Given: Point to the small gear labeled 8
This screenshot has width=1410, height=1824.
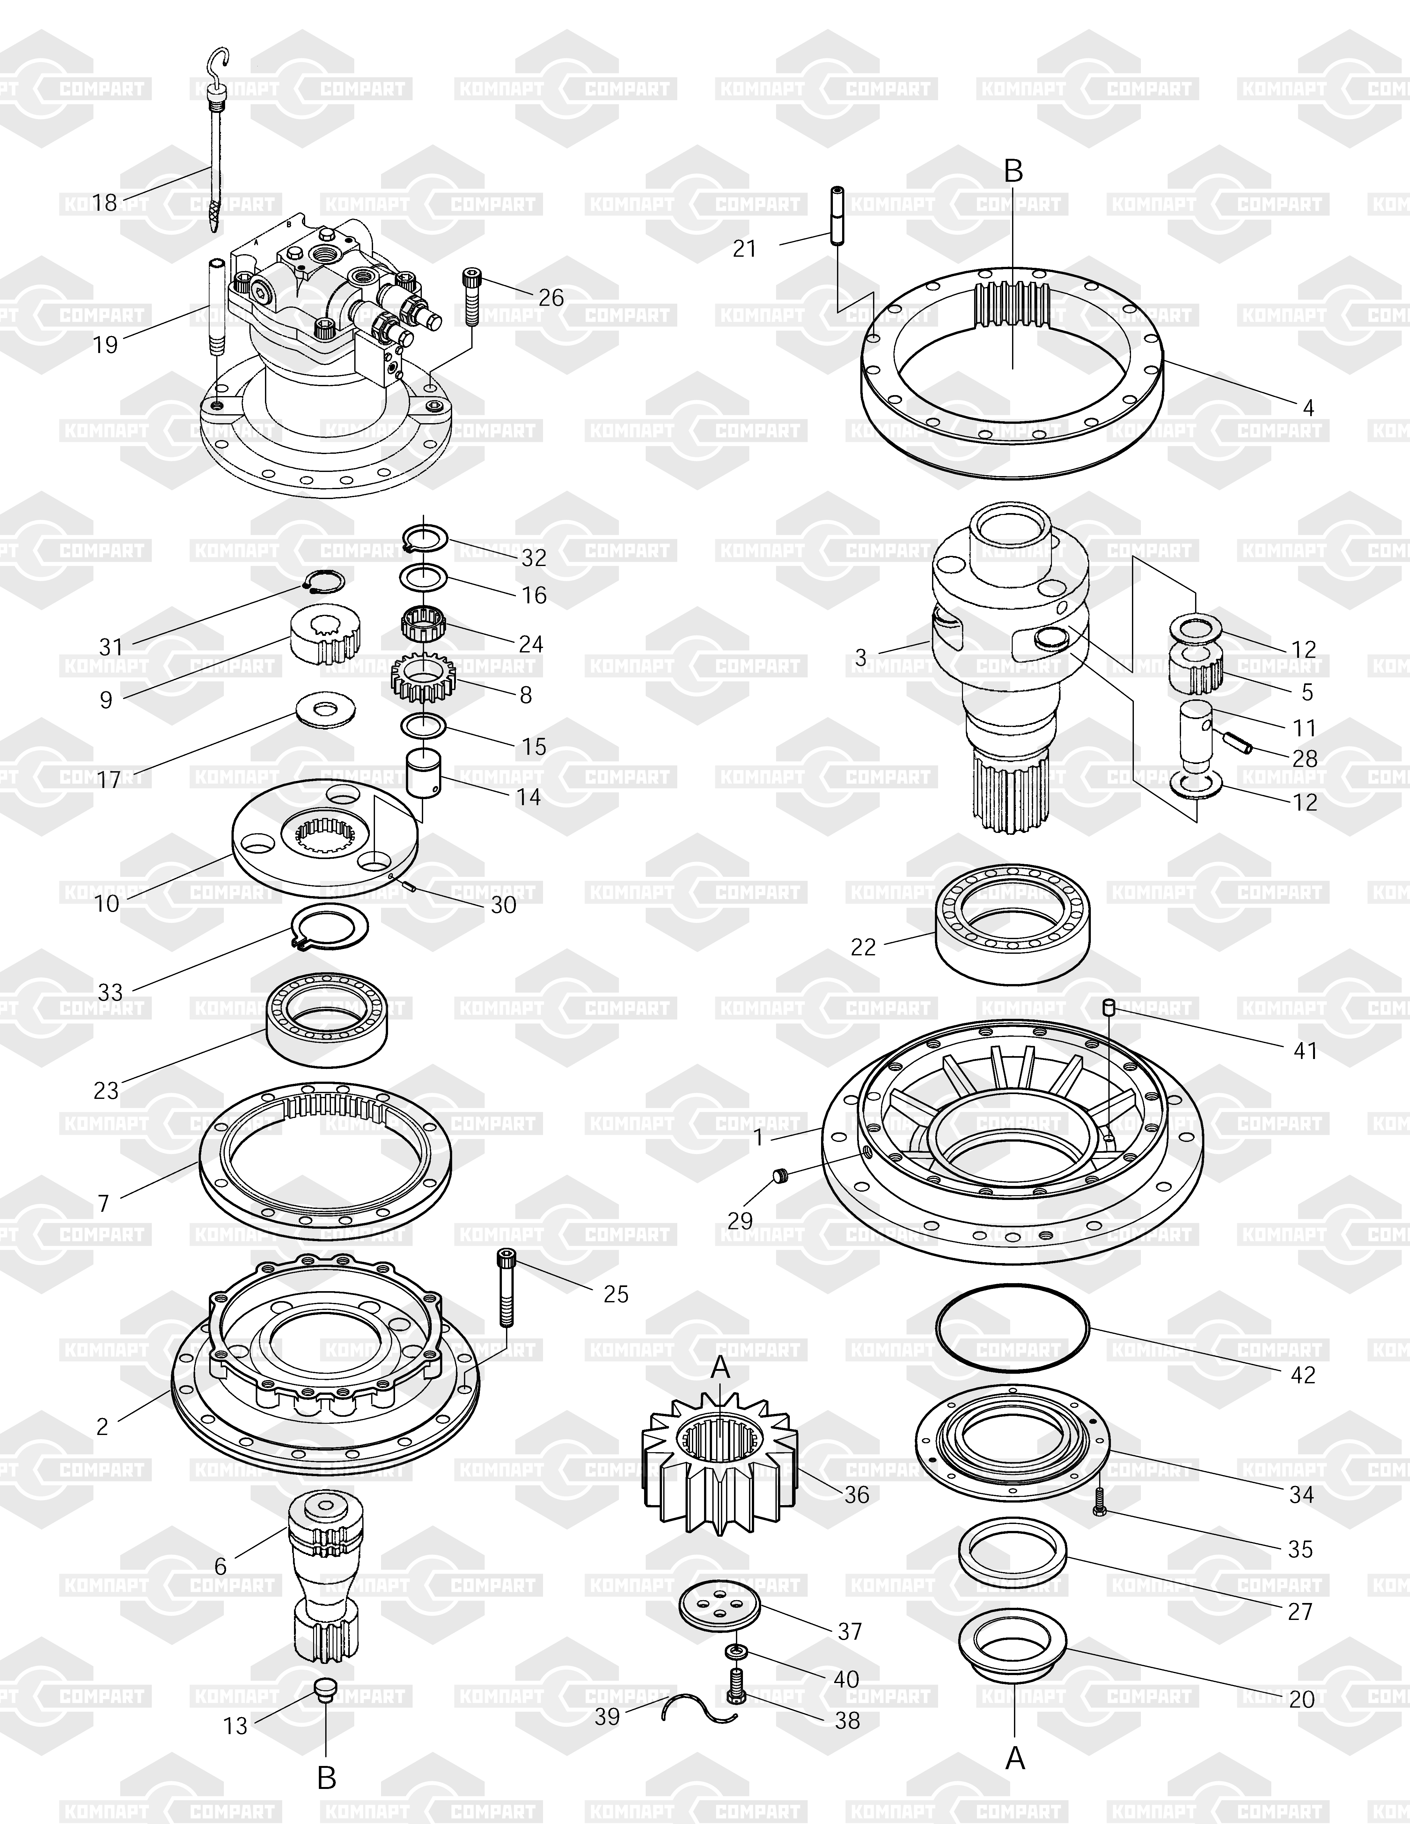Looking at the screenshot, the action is coord(423,677).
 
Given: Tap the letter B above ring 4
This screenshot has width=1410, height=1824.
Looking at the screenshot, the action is coord(1012,171).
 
